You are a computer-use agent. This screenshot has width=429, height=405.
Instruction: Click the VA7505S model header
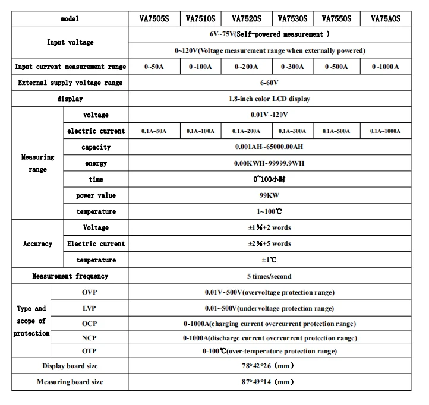152,18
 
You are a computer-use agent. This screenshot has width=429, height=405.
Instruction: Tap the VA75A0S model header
386,18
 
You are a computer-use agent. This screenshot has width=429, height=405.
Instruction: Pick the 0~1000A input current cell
386,67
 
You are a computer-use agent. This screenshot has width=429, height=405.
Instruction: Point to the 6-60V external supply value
269,83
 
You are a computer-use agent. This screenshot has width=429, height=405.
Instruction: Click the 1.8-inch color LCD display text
269,99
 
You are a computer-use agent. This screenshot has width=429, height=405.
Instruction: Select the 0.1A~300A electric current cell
292,131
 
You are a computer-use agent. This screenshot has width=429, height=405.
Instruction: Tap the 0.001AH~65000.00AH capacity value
269,147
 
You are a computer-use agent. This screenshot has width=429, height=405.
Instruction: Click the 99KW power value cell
269,195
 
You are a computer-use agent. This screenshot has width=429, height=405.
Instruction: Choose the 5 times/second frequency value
269,276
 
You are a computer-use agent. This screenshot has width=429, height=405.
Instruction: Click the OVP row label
89,292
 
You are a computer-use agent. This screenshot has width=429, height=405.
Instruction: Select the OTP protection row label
89,351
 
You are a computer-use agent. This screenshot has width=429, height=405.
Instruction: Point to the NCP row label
89,338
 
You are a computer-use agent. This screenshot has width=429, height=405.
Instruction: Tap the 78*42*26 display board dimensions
269,366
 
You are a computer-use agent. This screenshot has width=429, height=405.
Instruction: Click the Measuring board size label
70,382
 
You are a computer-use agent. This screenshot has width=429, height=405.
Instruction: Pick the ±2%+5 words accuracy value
269,243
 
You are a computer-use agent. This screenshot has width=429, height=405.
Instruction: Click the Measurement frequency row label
70,276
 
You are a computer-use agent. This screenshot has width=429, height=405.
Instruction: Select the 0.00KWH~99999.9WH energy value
269,163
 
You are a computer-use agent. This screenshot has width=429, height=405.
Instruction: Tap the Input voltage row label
70,43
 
